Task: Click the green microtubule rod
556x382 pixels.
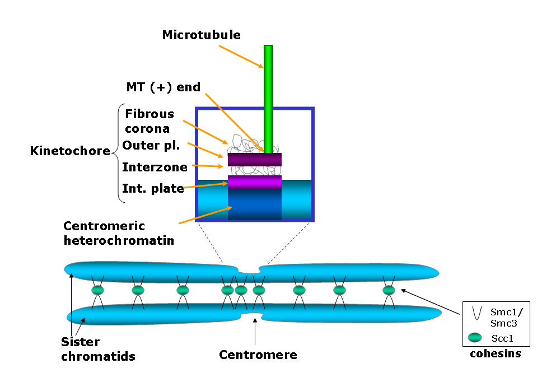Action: [268, 99]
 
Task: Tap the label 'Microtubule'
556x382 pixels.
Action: [202, 35]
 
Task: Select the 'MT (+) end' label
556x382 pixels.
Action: [163, 87]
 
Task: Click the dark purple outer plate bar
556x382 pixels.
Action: [255, 160]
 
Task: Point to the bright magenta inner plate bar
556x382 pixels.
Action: [255, 182]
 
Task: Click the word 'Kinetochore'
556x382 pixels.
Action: [70, 151]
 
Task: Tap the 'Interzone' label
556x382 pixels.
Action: [155, 167]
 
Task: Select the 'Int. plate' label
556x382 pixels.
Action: [153, 188]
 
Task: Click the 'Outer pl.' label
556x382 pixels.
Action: [151, 146]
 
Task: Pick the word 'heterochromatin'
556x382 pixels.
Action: [119, 240]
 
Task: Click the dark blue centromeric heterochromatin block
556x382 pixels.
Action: [255, 204]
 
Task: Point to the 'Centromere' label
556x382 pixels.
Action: [258, 355]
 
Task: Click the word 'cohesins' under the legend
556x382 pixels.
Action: [496, 353]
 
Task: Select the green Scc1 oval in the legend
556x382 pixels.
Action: [475, 338]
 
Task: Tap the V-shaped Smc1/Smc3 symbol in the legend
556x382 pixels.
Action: [477, 313]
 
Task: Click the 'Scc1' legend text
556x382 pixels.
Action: [502, 338]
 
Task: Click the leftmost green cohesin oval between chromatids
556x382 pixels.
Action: [98, 290]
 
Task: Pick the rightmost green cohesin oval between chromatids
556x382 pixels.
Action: [389, 290]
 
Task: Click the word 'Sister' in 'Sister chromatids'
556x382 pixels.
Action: [81, 342]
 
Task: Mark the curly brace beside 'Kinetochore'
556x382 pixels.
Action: [119, 153]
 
